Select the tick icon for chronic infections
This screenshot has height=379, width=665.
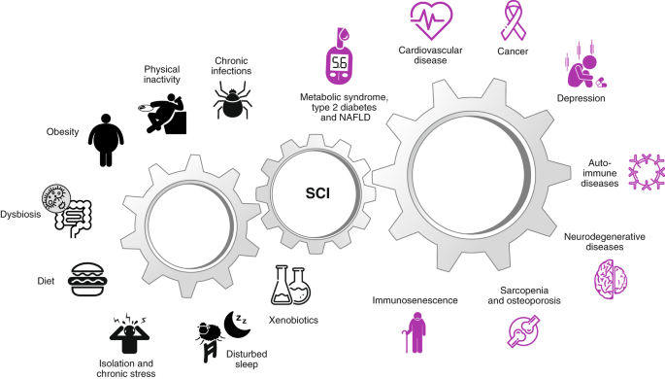[x=232, y=98]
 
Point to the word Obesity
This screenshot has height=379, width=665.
[x=62, y=132]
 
